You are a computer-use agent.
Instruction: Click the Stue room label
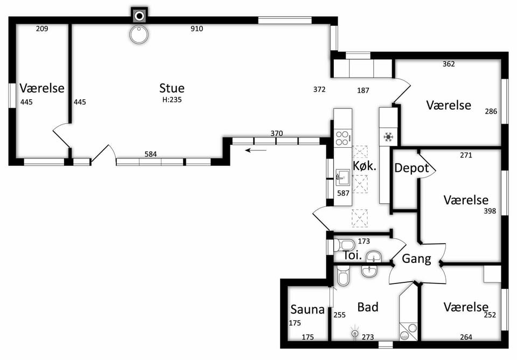tap(172, 88)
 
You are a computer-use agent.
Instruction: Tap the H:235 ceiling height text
tap(172, 100)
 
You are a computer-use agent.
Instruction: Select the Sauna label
tap(308, 309)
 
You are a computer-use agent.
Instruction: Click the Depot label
tap(411, 168)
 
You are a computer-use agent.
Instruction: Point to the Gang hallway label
tap(416, 259)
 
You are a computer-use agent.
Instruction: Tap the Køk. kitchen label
tap(365, 166)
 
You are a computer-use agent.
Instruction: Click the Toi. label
tap(353, 255)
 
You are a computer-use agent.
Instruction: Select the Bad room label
tap(368, 307)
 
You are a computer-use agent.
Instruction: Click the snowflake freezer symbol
tap(389, 136)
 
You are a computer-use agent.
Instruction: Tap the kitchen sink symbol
tap(343, 177)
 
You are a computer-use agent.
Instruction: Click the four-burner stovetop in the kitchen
tap(343, 139)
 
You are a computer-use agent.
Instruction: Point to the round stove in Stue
tap(139, 34)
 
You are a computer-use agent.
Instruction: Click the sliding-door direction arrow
tap(256, 150)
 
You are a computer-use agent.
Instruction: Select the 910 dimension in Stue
tap(197, 29)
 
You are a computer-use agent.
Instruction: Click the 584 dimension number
tap(151, 154)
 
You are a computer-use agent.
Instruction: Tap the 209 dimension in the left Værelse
tap(42, 29)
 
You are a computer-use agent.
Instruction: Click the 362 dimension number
tap(449, 64)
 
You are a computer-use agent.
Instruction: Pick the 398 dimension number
tap(490, 211)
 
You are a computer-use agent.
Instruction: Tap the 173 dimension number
tap(364, 241)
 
